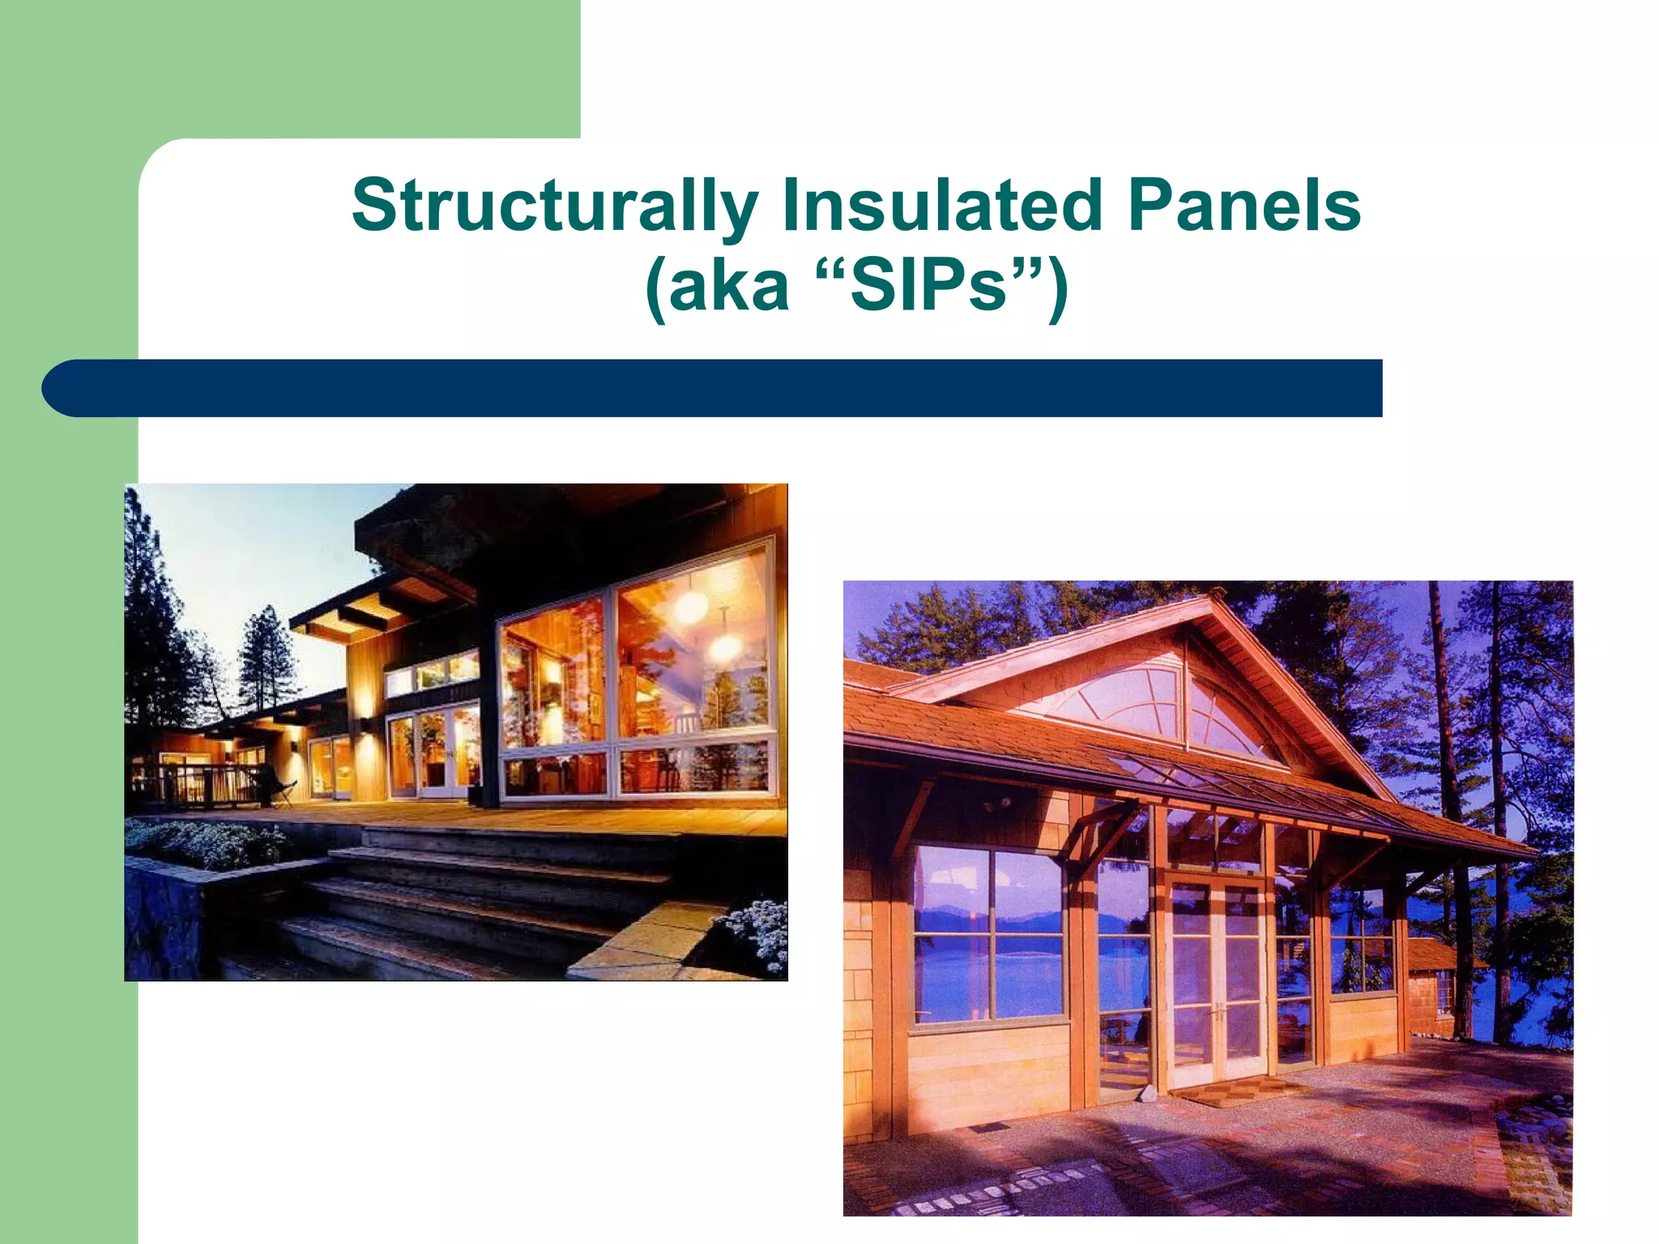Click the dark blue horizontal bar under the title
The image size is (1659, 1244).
click(x=713, y=389)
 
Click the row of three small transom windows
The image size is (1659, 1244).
click(x=432, y=672)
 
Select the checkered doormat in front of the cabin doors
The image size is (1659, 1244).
click(x=1239, y=1095)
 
